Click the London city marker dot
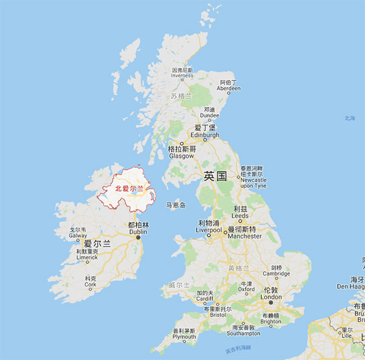pyautogui.click(x=271, y=302)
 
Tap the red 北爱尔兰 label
pyautogui.click(x=129, y=189)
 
